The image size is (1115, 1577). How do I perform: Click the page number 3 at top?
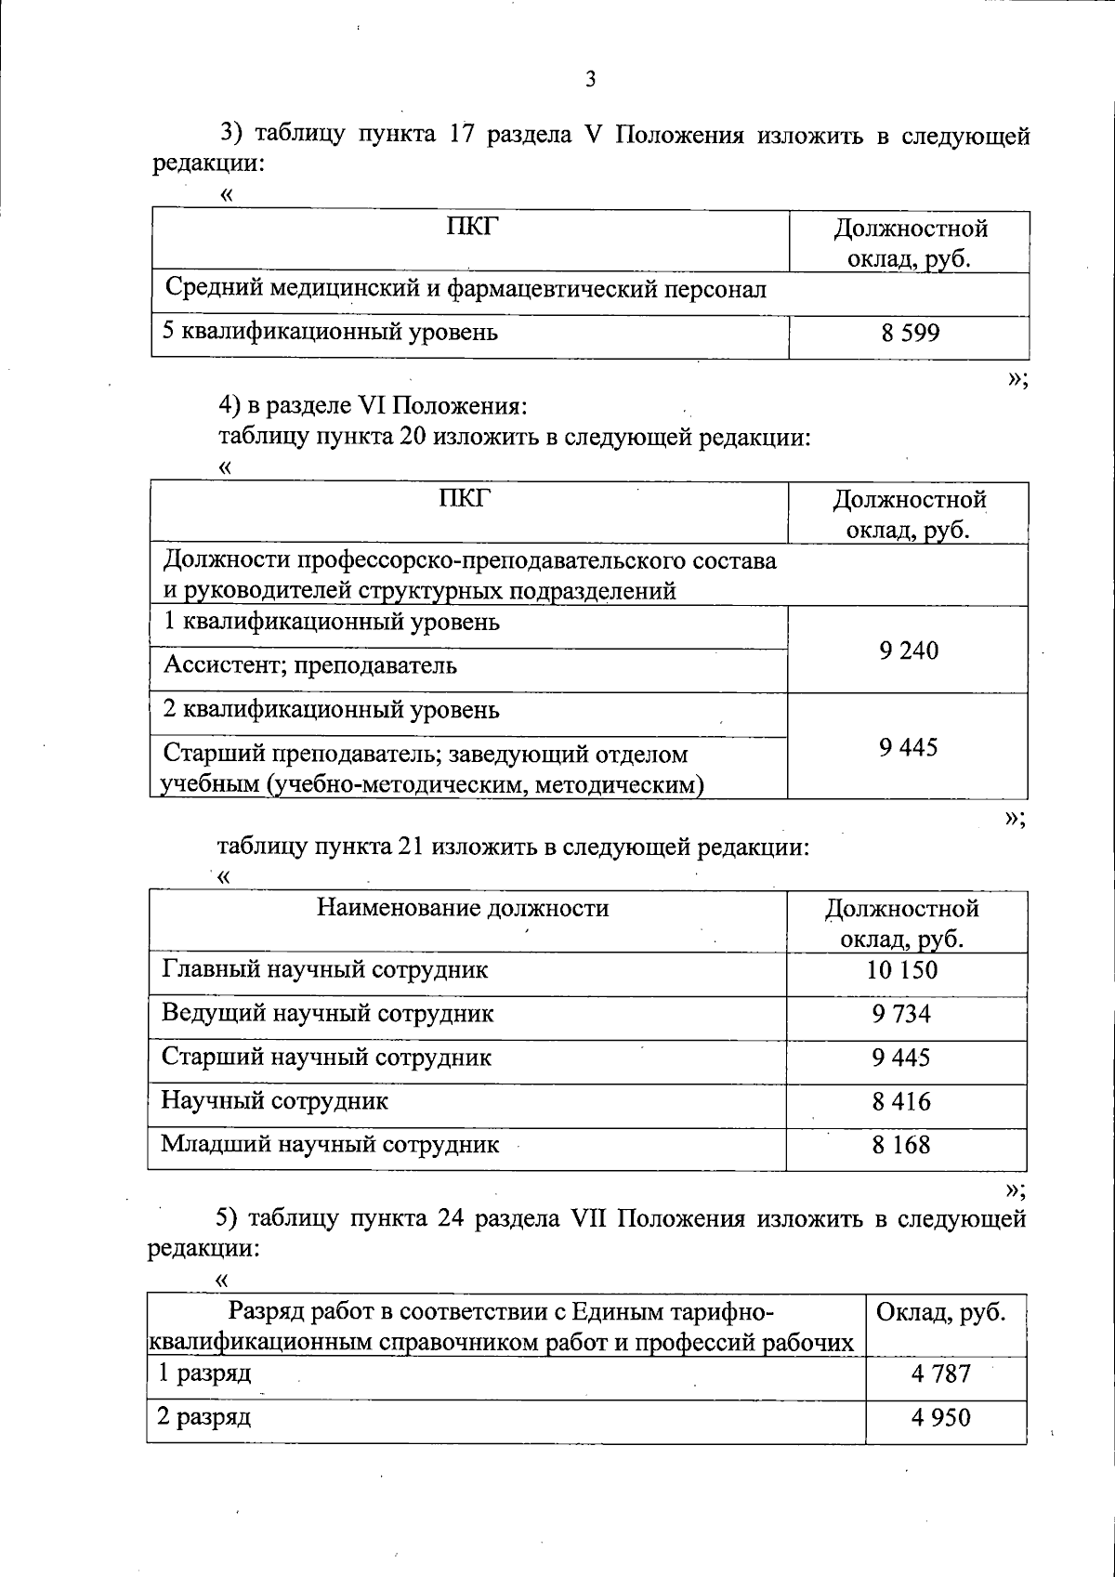point(590,80)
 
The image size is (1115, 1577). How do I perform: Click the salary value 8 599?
point(910,333)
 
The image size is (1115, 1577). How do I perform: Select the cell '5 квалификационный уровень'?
point(330,332)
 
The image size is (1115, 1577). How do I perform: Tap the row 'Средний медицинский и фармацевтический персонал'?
point(466,289)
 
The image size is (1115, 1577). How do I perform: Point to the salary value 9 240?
point(908,651)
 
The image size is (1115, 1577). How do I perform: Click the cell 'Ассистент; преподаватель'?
point(309,665)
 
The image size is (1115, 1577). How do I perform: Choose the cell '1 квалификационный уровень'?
point(331,622)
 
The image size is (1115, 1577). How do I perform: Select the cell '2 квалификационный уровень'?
point(331,710)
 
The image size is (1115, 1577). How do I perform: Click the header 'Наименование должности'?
point(463,908)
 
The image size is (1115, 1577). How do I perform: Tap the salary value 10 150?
point(902,970)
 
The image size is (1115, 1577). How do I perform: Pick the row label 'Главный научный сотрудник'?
point(324,970)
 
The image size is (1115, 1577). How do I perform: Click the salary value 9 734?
point(901,1014)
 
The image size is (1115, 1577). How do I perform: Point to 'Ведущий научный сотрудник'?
point(327,1013)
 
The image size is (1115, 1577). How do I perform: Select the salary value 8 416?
point(901,1102)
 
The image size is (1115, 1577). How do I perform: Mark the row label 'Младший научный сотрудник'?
point(330,1145)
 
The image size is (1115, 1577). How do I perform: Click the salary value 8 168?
point(901,1145)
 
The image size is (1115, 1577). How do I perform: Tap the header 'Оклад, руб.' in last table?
point(941,1313)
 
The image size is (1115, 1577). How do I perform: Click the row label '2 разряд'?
point(203,1417)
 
